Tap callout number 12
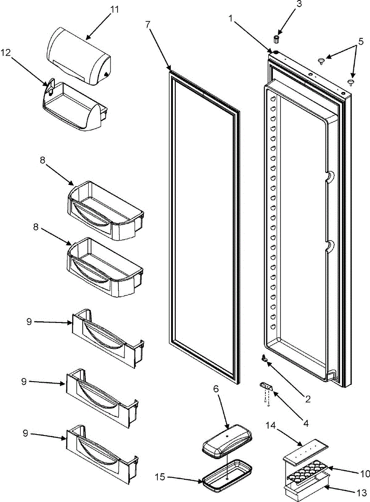point(5,53)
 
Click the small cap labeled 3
point(277,39)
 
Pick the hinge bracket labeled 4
point(266,386)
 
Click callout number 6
point(216,389)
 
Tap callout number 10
point(365,474)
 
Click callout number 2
point(308,400)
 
